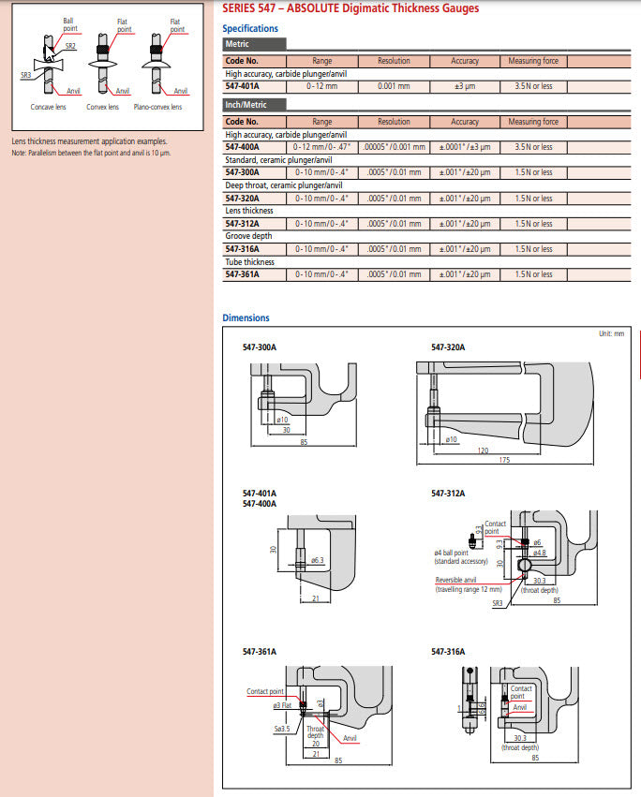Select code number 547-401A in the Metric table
click(x=242, y=86)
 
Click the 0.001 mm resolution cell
click(x=394, y=86)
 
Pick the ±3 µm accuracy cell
click(x=465, y=86)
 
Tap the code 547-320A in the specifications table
click(x=242, y=199)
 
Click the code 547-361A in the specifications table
click(x=242, y=274)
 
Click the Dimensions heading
click(x=246, y=318)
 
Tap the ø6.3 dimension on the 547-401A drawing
click(x=317, y=560)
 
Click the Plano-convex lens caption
click(x=157, y=107)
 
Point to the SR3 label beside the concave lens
click(x=27, y=72)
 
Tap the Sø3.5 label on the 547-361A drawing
click(x=281, y=727)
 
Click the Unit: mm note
click(x=611, y=333)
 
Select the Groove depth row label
click(x=248, y=236)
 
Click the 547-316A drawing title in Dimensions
click(x=448, y=651)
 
